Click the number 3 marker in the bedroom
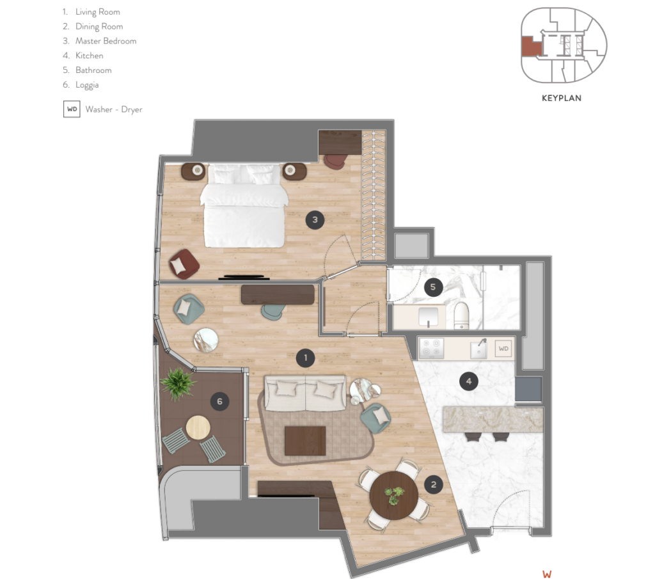pyautogui.click(x=315, y=219)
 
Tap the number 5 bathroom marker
pyautogui.click(x=433, y=287)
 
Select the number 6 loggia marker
pyautogui.click(x=220, y=401)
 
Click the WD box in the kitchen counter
pyautogui.click(x=503, y=349)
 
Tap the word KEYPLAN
pyautogui.click(x=562, y=98)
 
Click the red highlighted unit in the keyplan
pyautogui.click(x=532, y=46)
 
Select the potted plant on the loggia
pyautogui.click(x=178, y=383)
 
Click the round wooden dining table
pyautogui.click(x=393, y=495)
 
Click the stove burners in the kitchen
pyautogui.click(x=432, y=349)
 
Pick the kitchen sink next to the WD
pyautogui.click(x=478, y=349)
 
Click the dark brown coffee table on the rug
pyautogui.click(x=305, y=441)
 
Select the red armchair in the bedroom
pyautogui.click(x=184, y=264)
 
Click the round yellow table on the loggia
pyautogui.click(x=198, y=427)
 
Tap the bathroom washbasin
pyautogui.click(x=428, y=316)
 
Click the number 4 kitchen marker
pyautogui.click(x=468, y=381)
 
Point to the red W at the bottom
pyautogui.click(x=547, y=575)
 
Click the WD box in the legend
pyautogui.click(x=72, y=109)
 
